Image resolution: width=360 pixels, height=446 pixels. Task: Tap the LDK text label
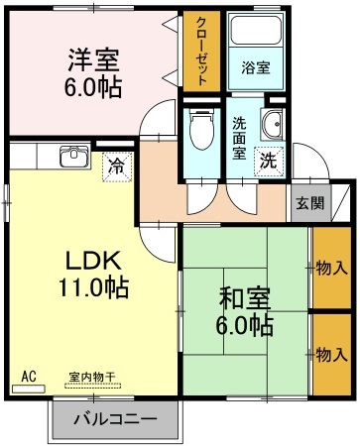pos(93,261)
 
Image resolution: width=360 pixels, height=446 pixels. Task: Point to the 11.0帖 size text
pos(93,288)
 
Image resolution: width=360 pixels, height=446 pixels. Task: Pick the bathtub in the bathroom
pos(256,34)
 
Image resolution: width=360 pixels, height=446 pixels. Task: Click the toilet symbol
pos(201,126)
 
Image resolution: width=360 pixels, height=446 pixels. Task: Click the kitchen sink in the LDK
pos(72,156)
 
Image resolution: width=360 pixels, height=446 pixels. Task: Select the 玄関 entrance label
pos(308,203)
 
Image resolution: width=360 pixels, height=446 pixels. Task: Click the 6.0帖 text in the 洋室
pos(94,87)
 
